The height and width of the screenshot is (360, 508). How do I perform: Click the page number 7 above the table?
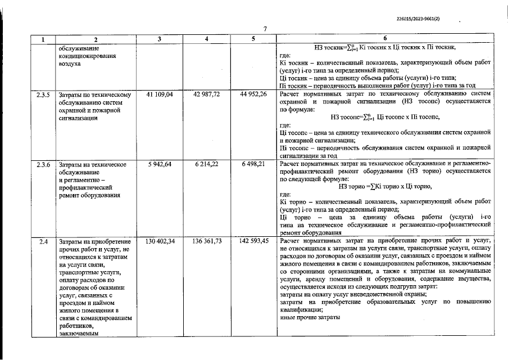point(264,29)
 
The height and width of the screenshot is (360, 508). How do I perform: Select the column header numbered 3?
point(160,39)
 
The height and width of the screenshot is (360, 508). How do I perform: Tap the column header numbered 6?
point(385,39)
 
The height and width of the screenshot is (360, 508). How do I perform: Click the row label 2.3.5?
point(42,94)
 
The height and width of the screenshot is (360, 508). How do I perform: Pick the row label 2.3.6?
point(42,164)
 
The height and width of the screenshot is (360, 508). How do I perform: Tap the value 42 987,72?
point(207,94)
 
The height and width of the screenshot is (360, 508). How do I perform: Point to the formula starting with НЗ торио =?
point(385,187)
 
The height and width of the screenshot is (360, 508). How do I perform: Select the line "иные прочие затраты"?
point(310,317)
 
